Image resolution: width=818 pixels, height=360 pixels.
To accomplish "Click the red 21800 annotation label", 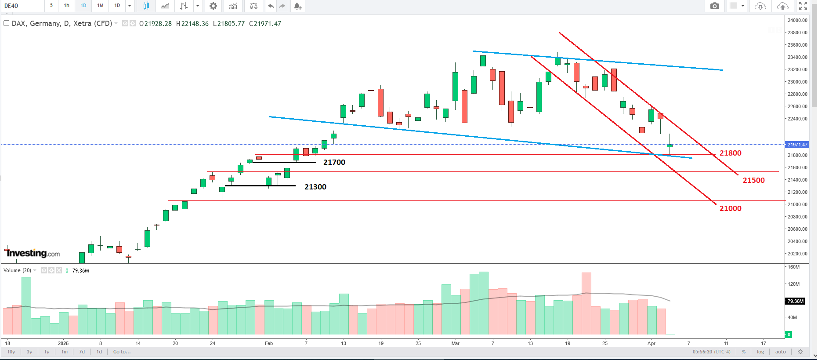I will tap(730, 153).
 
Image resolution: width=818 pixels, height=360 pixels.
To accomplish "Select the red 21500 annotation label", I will tap(753, 180).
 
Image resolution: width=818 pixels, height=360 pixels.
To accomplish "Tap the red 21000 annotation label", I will tap(730, 208).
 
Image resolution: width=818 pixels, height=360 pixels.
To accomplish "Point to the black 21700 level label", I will tap(334, 162).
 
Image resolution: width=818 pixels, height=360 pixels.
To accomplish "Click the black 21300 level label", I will tap(315, 187).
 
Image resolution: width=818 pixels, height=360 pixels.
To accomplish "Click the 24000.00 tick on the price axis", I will tap(797, 20).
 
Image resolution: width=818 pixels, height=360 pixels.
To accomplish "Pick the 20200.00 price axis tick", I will tap(797, 254).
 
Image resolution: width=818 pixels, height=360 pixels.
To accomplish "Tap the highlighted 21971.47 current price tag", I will tap(797, 145).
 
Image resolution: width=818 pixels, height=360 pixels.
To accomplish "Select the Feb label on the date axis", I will tap(269, 343).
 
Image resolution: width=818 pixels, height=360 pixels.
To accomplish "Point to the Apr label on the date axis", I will tap(651, 343).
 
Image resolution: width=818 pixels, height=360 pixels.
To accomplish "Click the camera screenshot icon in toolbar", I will tap(715, 6).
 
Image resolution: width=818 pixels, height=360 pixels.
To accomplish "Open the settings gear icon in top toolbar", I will tap(213, 6).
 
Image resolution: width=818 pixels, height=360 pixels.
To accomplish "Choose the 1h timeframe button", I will tap(67, 6).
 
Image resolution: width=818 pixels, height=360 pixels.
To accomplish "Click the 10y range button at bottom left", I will tap(11, 352).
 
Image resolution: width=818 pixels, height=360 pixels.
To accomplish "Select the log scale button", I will tap(760, 352).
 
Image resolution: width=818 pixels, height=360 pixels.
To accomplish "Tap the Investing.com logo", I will tap(33, 253).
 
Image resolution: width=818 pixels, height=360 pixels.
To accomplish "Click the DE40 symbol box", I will tap(22, 6).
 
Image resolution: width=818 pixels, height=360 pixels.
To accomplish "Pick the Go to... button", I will tap(122, 352).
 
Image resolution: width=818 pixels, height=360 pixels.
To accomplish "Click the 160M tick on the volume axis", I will tap(793, 267).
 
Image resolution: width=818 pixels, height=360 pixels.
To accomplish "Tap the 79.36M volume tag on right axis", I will tap(795, 301).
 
